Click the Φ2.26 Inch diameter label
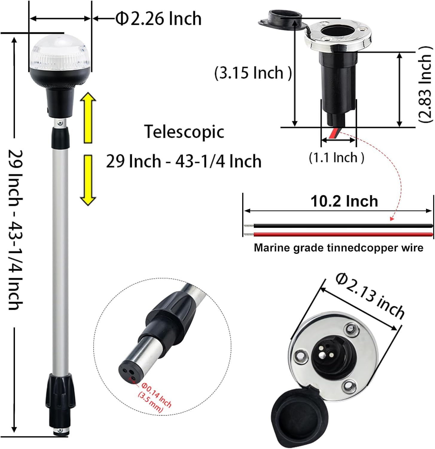158,19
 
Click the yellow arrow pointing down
88,180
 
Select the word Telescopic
184,132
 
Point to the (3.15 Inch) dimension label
253,73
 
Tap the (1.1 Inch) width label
336,157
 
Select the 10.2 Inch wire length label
344,201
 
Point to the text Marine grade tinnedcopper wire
338,248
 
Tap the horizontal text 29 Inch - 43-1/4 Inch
184,162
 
